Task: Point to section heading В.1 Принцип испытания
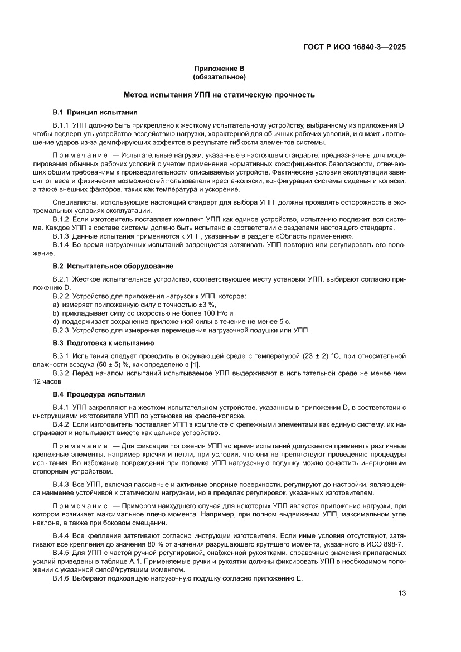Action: (x=91, y=112)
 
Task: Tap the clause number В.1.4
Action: (x=60, y=245)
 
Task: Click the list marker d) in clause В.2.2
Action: (x=56, y=322)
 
